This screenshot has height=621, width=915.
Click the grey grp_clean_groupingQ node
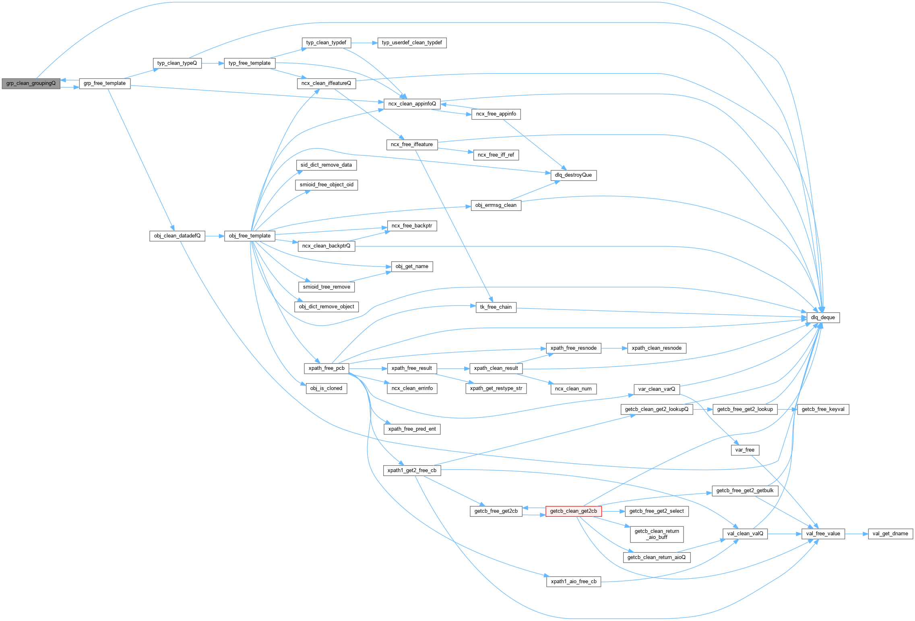31,83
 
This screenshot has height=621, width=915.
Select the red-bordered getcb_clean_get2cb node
573,511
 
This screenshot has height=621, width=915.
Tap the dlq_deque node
823,318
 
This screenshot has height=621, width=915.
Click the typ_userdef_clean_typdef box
411,43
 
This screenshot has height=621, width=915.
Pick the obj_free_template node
250,236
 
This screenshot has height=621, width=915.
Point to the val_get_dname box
890,534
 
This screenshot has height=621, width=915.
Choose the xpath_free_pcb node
326,368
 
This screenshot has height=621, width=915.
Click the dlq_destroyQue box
573,175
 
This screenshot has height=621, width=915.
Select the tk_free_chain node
496,307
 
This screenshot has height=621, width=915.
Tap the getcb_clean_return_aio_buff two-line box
657,534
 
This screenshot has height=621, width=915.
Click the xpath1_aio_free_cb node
573,582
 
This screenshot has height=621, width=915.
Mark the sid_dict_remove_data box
326,165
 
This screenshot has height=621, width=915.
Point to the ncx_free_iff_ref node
496,155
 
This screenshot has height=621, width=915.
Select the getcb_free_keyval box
823,409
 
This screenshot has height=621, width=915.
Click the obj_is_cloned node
326,388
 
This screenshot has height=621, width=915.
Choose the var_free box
745,450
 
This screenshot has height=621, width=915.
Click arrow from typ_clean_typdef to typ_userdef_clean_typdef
364,43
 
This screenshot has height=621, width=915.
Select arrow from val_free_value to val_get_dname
856,534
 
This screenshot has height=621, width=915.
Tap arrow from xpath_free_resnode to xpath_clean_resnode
614,348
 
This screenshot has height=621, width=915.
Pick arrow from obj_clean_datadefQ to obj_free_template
215,236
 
